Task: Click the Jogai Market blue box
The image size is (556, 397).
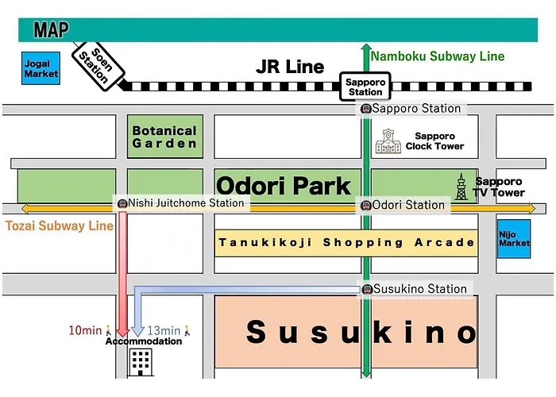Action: tap(41, 68)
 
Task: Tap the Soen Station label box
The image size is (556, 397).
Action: tap(98, 66)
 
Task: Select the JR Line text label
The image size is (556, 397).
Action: tap(290, 67)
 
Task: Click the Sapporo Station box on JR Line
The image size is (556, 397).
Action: tap(365, 87)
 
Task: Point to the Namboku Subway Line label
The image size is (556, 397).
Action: tap(438, 56)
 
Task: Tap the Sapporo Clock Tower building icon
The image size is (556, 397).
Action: tap(388, 141)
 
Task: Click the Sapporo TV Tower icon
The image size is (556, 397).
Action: tap(461, 187)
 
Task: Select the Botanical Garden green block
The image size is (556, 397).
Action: tap(165, 137)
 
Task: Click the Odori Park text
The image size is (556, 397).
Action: tap(284, 185)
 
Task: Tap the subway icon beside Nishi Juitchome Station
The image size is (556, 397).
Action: tap(122, 203)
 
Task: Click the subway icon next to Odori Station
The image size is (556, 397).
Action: tap(366, 205)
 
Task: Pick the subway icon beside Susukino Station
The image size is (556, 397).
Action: tap(367, 289)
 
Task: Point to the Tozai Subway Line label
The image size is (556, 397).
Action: tap(60, 225)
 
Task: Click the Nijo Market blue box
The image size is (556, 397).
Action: tap(514, 238)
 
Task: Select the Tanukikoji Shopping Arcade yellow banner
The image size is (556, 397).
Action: tap(346, 243)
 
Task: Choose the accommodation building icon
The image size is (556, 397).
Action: tap(141, 362)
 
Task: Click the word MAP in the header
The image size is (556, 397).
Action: tap(51, 30)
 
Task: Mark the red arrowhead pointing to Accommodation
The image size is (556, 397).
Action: tap(122, 331)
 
